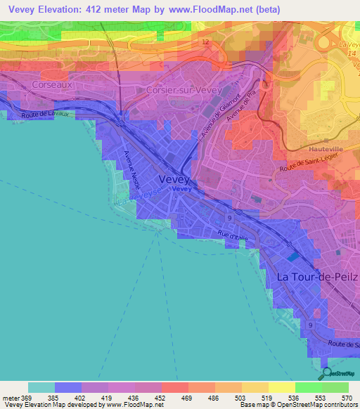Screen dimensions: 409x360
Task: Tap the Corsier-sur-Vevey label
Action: tap(183, 91)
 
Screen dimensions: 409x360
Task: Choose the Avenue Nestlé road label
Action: tap(133, 168)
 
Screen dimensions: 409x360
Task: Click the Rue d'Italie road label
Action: tap(234, 238)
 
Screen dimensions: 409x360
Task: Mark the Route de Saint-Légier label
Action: tap(309, 167)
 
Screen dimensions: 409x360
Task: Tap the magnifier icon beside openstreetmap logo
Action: tap(324, 372)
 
